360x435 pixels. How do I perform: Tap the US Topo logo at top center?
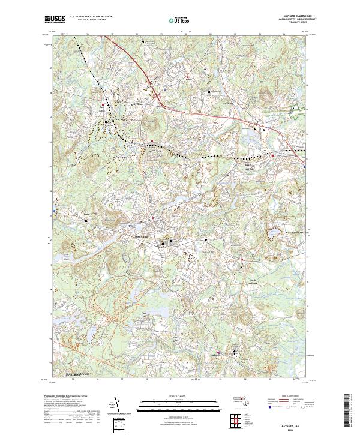(174, 20)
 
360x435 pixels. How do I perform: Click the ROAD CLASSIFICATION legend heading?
(293, 396)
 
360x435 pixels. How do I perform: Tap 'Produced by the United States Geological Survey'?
(69, 396)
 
